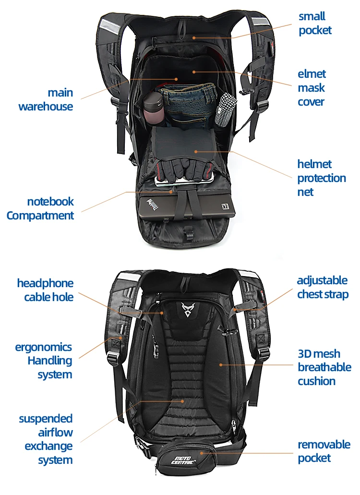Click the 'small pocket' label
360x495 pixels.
coord(315,23)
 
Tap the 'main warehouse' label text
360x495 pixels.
coord(46,99)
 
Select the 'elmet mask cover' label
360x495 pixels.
coord(312,87)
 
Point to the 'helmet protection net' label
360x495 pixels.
coord(321,178)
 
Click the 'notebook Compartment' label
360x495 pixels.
coord(40,208)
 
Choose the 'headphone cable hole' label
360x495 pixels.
coord(45,290)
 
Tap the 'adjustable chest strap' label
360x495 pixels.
coord(322,287)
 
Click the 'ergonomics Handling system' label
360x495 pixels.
coord(44,360)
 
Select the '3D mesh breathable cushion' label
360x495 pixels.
coord(324,367)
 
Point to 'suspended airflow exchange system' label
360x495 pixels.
coord(46,439)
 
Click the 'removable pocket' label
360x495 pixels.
coord(324,451)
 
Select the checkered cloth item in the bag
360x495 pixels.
coord(224,110)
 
